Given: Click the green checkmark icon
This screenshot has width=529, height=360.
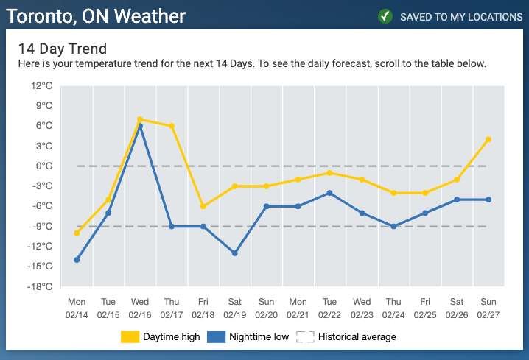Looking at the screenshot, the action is (385, 16).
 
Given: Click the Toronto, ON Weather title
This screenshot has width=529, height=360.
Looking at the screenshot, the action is (96, 16).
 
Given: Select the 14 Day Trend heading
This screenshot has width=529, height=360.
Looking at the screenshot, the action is (63, 49).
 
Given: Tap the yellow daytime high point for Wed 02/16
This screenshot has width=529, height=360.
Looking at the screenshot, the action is (140, 119).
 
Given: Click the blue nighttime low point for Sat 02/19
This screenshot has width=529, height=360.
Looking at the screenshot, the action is (235, 253).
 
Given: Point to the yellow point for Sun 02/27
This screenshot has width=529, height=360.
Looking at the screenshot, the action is (488, 140).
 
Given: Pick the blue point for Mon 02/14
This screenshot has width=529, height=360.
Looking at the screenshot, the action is (77, 260).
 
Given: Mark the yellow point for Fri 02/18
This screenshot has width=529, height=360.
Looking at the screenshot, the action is (203, 206).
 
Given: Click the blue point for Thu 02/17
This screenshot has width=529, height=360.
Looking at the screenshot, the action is (172, 227).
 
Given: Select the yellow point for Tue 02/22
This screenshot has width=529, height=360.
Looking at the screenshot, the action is (329, 173).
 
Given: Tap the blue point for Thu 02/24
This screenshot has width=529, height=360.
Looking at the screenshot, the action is (393, 227).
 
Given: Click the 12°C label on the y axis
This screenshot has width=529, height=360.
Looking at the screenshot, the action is (42, 86).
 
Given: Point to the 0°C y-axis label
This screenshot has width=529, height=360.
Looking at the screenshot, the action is (44, 166).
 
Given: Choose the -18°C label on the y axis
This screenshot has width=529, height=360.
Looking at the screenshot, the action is (40, 287).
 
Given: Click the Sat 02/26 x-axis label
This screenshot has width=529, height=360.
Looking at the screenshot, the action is (457, 308).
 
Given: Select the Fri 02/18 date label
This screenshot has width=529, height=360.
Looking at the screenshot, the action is (203, 308).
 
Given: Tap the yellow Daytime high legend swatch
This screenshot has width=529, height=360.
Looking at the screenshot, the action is (130, 336).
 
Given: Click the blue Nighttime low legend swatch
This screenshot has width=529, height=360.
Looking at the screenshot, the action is (217, 336).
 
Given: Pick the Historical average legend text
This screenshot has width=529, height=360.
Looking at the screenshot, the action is (357, 336).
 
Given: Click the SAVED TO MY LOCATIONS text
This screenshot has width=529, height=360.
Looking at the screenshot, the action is (461, 17).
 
